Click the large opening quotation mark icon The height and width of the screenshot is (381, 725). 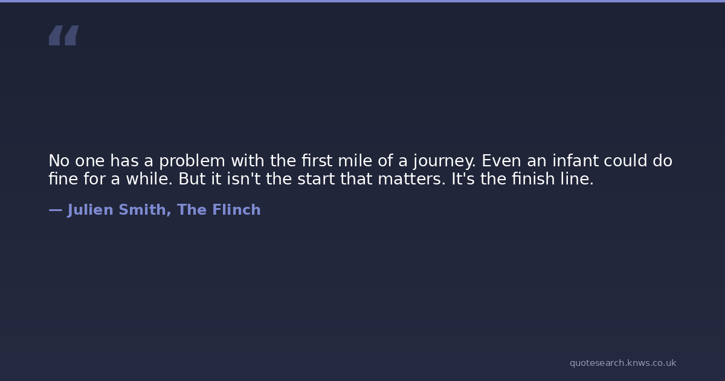[64, 35]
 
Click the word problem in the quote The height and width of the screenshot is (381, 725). [192, 161]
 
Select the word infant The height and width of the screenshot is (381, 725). [575, 160]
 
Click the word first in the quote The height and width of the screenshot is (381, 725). [317, 160]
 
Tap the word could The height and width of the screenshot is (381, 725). [625, 160]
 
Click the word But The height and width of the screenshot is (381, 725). [192, 179]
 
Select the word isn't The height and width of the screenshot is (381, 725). [243, 178]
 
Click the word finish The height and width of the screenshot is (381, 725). [533, 178]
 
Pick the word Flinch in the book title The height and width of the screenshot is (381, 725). [236, 210]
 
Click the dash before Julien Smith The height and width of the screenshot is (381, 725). [56, 210]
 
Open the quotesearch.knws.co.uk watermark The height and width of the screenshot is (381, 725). [623, 363]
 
